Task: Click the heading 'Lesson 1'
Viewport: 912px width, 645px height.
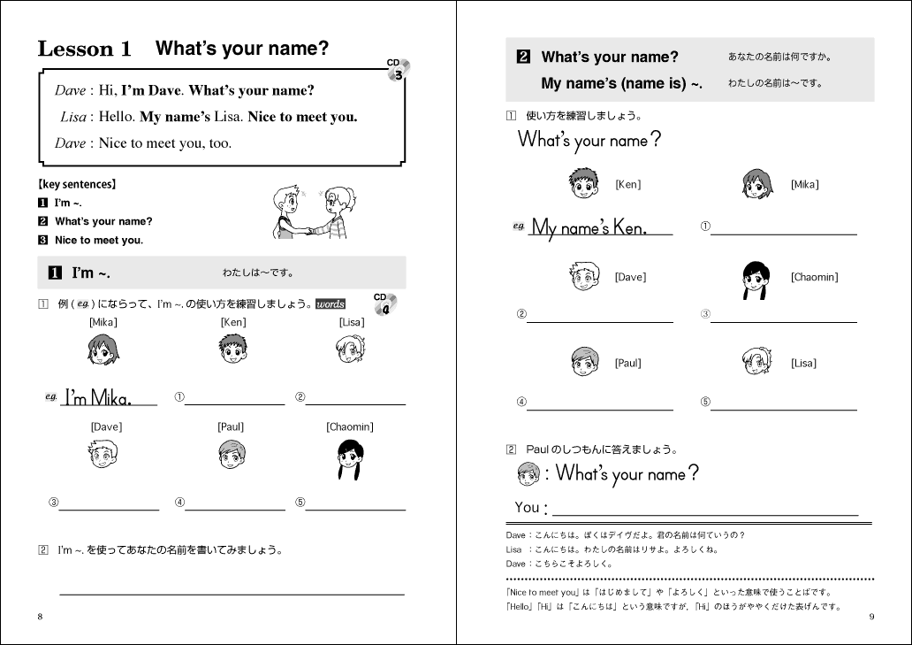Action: click(85, 50)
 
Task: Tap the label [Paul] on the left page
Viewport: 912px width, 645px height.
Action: click(231, 427)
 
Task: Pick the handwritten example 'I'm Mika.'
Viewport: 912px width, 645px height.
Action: click(98, 398)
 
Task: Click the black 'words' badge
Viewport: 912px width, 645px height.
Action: click(331, 304)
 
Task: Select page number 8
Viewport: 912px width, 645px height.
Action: click(40, 617)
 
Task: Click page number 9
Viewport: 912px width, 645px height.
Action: click(871, 617)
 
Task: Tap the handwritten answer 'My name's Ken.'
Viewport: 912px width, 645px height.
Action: click(589, 228)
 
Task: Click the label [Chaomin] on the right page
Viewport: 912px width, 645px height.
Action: click(814, 278)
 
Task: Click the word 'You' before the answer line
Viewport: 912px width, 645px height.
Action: click(528, 508)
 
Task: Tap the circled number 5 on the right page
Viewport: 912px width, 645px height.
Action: click(704, 403)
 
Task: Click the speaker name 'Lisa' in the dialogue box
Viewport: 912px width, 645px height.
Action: click(73, 117)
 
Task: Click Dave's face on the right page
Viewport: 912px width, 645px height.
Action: click(584, 278)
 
